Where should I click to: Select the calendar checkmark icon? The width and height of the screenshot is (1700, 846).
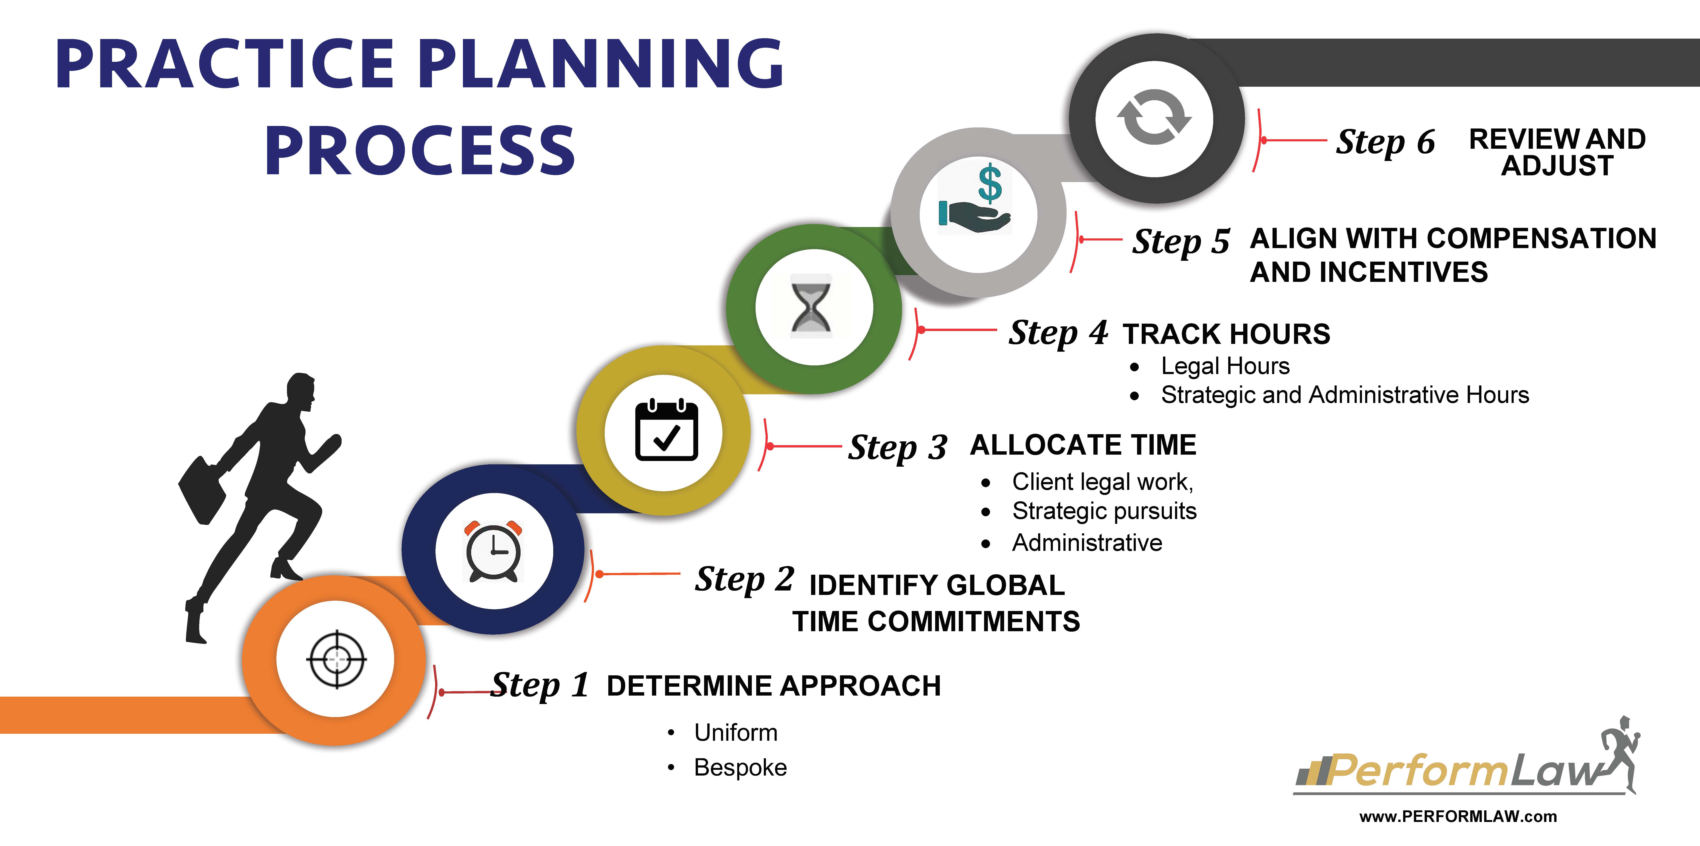[x=666, y=430]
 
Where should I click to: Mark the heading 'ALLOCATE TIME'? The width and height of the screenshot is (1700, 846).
[x=1083, y=445]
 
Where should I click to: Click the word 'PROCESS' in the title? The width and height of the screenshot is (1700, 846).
[x=420, y=150]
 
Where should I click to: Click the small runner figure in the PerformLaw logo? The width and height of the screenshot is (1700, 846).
[x=1619, y=752]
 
